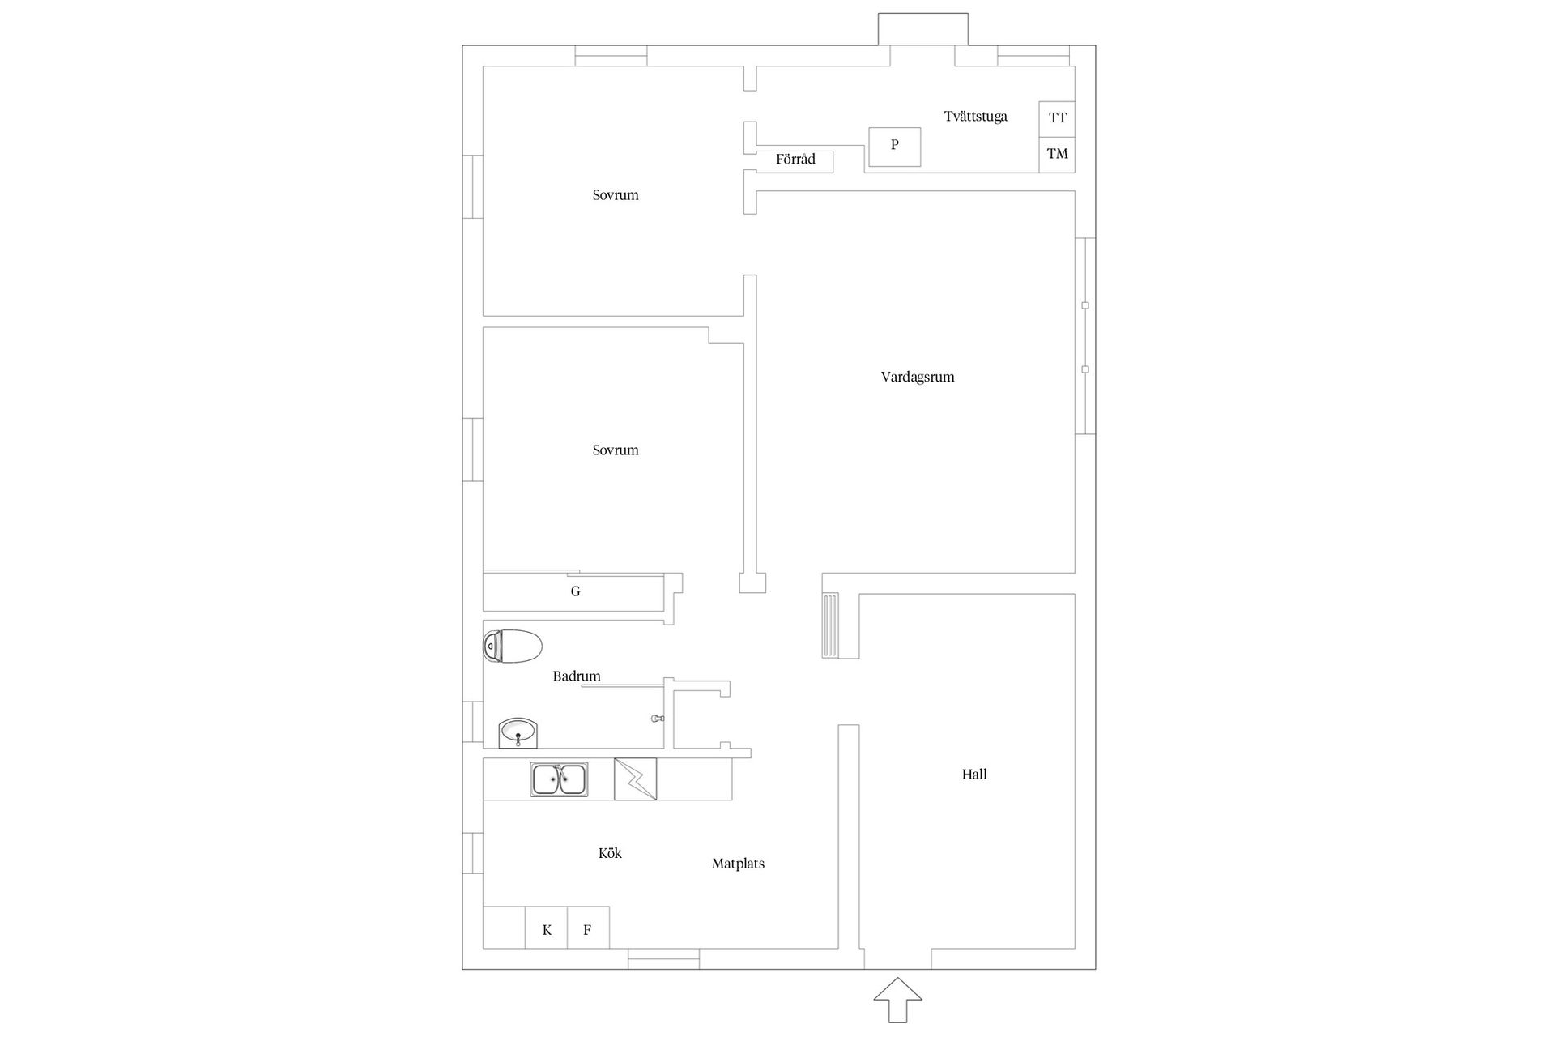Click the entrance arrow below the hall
[897, 1000]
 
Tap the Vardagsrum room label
[918, 377]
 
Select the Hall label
[974, 775]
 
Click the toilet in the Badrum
[512, 646]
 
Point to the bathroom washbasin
[518, 733]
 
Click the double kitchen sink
[560, 779]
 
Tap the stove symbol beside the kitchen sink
[635, 779]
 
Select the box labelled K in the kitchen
[547, 928]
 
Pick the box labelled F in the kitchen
[588, 928]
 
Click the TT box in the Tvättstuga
[1057, 119]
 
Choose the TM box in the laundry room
[1057, 155]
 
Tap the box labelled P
[895, 147]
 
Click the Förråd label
[795, 160]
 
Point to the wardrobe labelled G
[574, 592]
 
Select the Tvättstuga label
[976, 117]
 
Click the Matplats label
[738, 864]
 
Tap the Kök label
[610, 853]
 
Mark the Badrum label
[577, 676]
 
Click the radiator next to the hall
[831, 625]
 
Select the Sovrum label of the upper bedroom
[616, 195]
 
